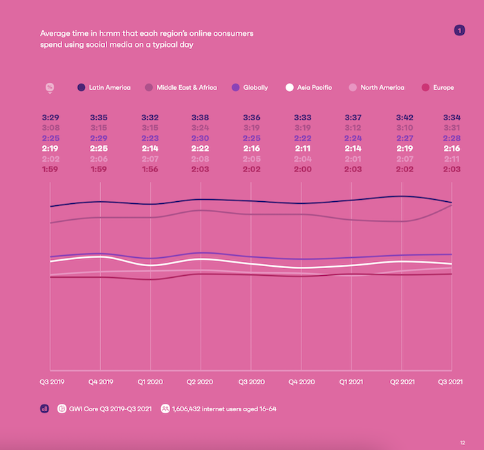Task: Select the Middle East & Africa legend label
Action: pos(186,88)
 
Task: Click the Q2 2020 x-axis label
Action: pos(201,380)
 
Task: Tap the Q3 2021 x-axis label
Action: pos(452,380)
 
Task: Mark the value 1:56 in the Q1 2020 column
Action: pos(151,169)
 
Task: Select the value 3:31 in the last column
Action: pos(452,128)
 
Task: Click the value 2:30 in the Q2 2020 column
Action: pos(201,138)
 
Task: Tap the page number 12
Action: pos(462,442)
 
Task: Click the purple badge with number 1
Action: pos(458,30)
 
